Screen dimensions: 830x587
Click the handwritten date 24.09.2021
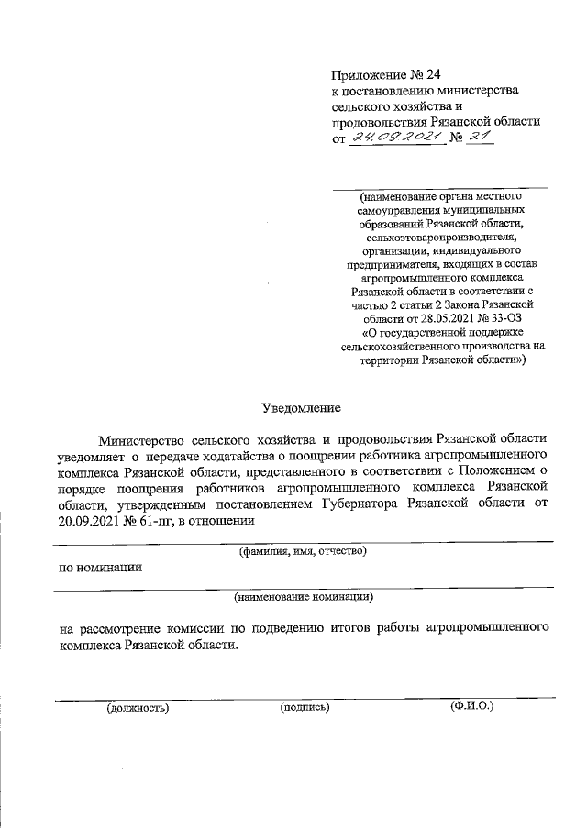pos(395,138)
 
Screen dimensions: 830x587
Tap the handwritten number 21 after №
pos(480,137)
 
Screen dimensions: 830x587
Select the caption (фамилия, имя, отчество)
pos(303,551)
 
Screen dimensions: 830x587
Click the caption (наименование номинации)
pos(303,596)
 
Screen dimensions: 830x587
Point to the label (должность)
pos(138,707)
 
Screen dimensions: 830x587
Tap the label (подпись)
pos(305,707)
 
